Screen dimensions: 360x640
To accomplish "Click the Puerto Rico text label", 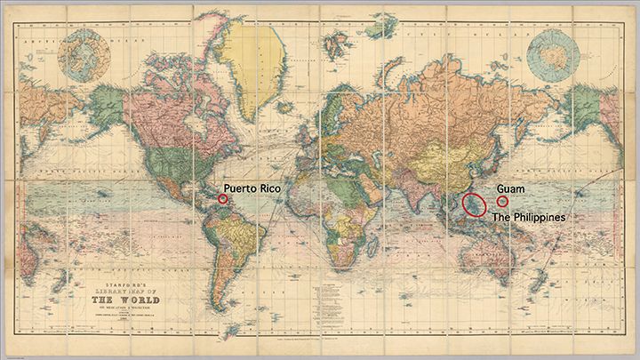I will click(256, 188).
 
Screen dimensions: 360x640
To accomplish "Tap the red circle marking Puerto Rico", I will click(223, 200).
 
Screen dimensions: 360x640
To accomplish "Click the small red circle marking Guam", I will click(503, 202).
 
